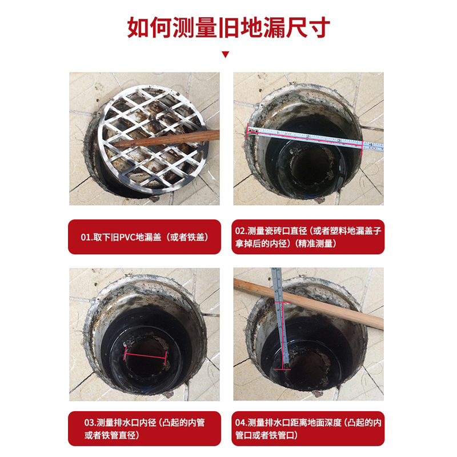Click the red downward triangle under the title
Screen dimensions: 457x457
225,54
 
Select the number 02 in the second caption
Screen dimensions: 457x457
240,231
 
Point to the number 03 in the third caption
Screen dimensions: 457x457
90,423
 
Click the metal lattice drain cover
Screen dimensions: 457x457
152,139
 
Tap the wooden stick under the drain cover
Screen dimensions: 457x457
166,138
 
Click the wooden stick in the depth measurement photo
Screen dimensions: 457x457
308,303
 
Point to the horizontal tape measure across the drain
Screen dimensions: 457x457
315,138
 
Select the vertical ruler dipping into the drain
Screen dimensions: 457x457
280,318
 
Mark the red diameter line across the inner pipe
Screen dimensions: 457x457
146,356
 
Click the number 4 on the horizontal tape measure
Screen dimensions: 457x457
370,145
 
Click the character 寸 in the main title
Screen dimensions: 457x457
319,27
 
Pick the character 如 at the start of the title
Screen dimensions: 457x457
139,27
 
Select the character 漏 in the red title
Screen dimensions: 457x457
274,27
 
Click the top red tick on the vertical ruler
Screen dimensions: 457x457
282,302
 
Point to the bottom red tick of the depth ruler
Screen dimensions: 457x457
282,370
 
